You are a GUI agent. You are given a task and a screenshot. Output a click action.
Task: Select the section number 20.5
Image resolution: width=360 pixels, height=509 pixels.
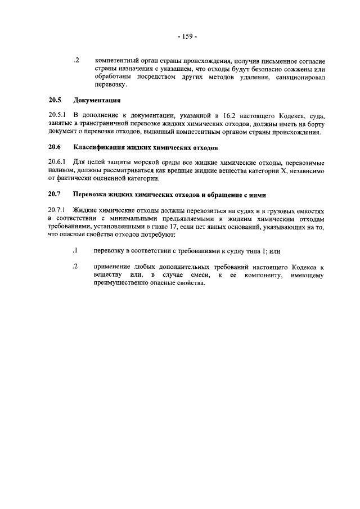click(54, 101)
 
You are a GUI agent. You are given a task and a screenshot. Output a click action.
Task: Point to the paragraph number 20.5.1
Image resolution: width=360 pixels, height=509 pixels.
click(57, 115)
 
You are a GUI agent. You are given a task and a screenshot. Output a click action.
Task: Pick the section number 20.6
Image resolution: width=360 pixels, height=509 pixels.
click(54, 147)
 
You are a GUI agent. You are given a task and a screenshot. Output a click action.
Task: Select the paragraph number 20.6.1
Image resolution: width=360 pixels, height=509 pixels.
click(57, 161)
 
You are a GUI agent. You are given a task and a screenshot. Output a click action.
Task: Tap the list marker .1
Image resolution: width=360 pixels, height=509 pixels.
click(75, 250)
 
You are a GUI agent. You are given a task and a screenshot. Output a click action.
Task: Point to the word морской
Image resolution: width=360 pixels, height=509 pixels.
click(132, 161)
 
